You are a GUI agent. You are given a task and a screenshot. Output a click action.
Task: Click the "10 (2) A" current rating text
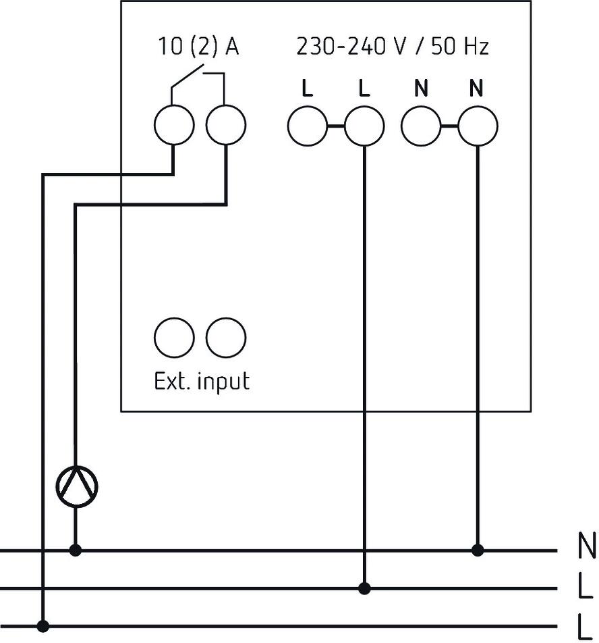pyautogui.click(x=198, y=46)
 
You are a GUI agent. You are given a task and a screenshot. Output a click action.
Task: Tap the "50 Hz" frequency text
pyautogui.click(x=460, y=46)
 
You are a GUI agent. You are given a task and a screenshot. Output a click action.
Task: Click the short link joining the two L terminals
pyautogui.click(x=336, y=126)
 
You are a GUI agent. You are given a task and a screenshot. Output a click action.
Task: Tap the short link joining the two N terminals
pyautogui.click(x=449, y=126)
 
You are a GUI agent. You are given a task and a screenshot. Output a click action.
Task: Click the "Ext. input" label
pyautogui.click(x=202, y=382)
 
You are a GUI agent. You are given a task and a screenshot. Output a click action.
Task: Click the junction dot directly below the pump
pyautogui.click(x=75, y=550)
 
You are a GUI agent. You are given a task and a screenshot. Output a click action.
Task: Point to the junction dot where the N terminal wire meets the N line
pyautogui.click(x=478, y=550)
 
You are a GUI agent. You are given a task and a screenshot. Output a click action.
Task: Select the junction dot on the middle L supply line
pyautogui.click(x=364, y=588)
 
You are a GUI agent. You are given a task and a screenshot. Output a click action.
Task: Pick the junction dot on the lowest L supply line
pyautogui.click(x=42, y=626)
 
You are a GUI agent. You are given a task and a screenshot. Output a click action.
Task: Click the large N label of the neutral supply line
pyautogui.click(x=586, y=546)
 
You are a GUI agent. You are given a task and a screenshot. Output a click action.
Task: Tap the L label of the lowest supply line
pyautogui.click(x=586, y=627)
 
